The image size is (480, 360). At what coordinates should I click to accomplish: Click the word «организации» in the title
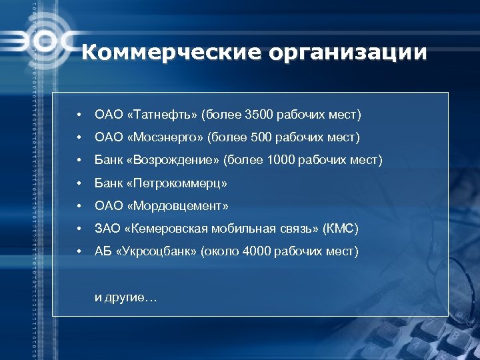347,53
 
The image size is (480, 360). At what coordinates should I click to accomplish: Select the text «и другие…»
126,297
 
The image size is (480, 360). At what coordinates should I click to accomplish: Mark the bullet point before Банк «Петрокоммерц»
79,183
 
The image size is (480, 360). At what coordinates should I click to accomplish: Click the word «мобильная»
231,229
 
